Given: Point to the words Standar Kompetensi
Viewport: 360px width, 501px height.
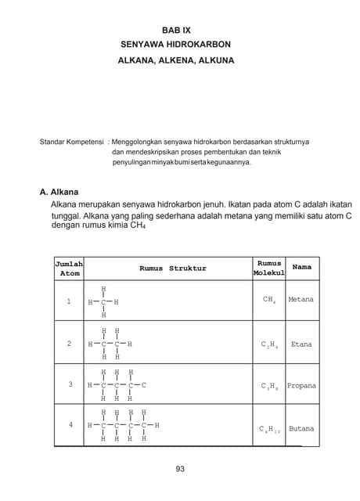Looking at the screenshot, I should (x=72, y=142).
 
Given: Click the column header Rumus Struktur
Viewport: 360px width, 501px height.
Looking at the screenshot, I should (x=172, y=269).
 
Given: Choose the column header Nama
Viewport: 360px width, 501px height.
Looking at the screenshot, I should (x=301, y=267).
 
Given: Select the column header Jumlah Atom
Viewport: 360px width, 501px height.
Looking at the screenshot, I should (x=70, y=269).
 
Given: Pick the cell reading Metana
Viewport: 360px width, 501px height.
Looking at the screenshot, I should (x=301, y=300).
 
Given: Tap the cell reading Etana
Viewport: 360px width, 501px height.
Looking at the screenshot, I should (x=301, y=344).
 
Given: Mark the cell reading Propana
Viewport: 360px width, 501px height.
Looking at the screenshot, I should (x=301, y=386).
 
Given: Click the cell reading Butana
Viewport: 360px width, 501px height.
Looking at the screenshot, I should (x=301, y=429).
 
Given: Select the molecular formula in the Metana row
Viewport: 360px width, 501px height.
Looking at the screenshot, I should (x=268, y=301).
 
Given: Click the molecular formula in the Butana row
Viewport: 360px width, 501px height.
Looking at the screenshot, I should (x=268, y=430).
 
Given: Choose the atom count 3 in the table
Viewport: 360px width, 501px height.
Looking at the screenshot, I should (x=70, y=384).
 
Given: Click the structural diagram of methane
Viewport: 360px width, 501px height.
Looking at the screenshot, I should (x=103, y=301).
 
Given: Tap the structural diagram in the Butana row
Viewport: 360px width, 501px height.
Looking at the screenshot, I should (x=123, y=425).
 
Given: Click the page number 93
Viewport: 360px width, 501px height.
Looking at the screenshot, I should (x=180, y=469).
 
